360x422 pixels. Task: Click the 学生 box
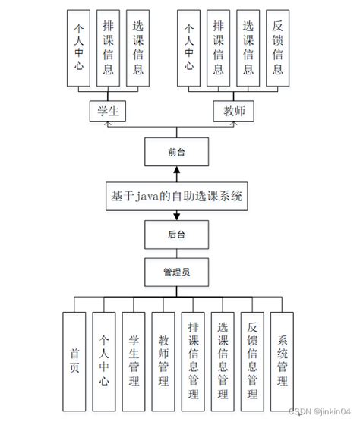tap(106, 111)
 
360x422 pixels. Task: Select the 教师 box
tap(233, 111)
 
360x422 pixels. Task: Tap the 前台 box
tap(175, 153)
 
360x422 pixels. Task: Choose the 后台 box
tap(175, 236)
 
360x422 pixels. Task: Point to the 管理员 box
tap(175, 270)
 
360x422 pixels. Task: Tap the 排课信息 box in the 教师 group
tap(218, 48)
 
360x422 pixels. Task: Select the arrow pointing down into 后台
tap(175, 216)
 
